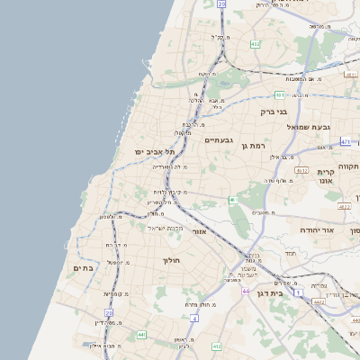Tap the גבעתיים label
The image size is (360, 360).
click(219, 140)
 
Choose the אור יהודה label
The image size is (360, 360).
click(319, 229)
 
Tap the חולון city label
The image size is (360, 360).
click(172, 261)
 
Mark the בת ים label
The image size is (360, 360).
click(83, 267)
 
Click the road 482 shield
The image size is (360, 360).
click(255, 43)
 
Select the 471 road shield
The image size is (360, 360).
click(346, 141)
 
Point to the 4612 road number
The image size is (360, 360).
click(301, 170)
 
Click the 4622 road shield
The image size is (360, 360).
click(344, 206)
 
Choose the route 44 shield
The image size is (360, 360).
click(247, 291)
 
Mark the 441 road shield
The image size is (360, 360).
click(141, 335)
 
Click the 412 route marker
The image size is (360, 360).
click(216, 346)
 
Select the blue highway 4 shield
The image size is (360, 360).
click(195, 318)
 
